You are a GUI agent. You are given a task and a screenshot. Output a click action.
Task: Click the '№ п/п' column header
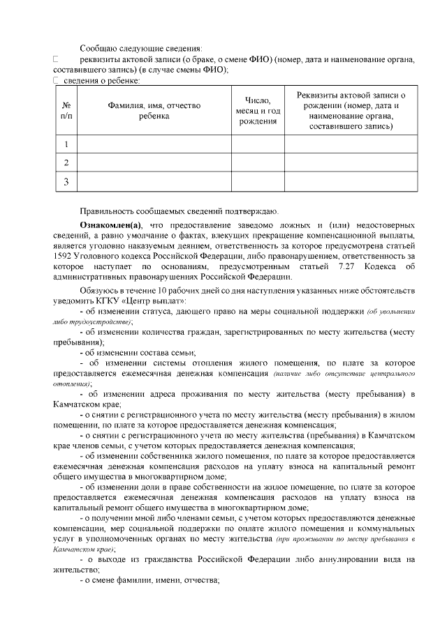click(x=66, y=110)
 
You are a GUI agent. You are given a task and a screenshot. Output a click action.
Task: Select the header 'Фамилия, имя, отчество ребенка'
click(x=154, y=110)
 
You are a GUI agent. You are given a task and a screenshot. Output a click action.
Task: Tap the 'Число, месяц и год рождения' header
click(x=258, y=110)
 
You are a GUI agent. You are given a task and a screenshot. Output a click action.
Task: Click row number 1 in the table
click(x=66, y=144)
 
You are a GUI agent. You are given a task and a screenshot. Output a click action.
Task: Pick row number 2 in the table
click(x=66, y=162)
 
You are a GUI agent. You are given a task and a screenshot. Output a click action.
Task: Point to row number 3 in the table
click(x=66, y=181)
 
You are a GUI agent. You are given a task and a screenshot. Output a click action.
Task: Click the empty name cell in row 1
click(x=154, y=144)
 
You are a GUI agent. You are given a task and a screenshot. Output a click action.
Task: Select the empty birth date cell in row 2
click(x=258, y=162)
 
